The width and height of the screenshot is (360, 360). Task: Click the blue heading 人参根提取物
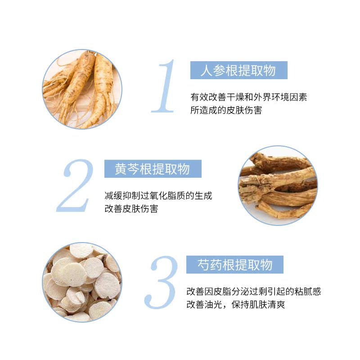click(x=238, y=70)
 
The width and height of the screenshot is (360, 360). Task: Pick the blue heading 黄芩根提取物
click(x=153, y=169)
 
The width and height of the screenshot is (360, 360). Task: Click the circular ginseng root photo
click(x=82, y=89)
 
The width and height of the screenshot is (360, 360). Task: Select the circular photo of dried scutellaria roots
click(x=278, y=185)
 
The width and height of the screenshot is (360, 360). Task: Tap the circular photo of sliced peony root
click(x=82, y=282)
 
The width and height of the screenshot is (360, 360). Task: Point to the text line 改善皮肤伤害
click(x=131, y=209)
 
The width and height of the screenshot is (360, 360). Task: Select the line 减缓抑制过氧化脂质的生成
click(x=158, y=196)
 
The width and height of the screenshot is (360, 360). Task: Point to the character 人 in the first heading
click(x=206, y=71)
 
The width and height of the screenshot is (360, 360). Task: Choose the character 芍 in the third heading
click(x=203, y=265)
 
